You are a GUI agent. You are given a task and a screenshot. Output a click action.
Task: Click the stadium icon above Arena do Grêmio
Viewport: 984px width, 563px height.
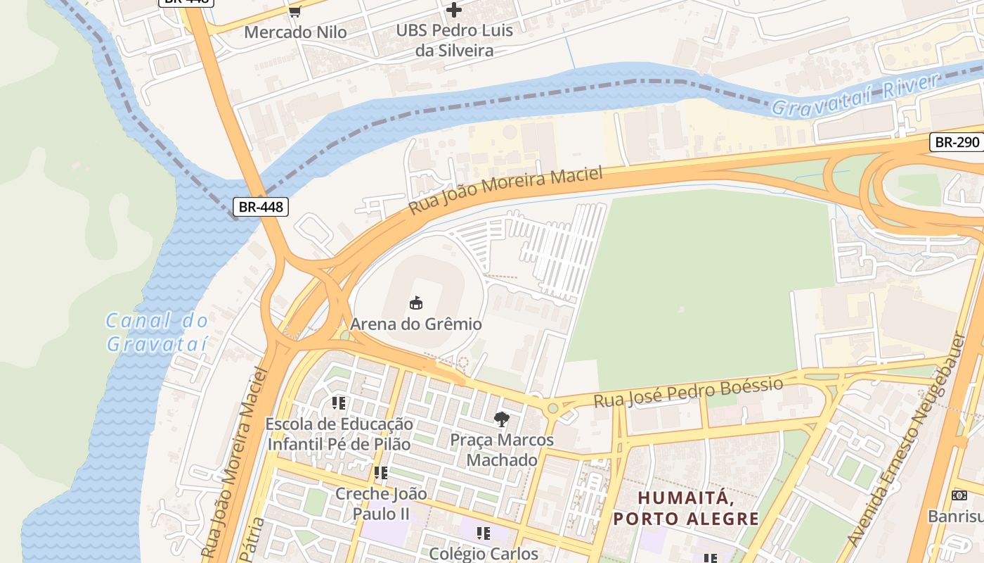[416, 303]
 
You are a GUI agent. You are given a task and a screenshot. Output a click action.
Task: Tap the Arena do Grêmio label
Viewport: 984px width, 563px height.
[416, 324]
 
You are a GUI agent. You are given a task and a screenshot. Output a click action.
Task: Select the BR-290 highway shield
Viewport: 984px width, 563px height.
[957, 141]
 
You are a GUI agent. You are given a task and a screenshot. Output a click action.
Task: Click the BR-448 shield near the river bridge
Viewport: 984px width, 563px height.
[260, 207]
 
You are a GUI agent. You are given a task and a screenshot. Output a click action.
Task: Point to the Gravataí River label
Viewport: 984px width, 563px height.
[855, 95]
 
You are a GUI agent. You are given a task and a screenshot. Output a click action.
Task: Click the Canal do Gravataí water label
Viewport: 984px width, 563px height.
[157, 332]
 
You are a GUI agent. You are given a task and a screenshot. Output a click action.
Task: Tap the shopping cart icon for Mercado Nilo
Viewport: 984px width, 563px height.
[295, 11]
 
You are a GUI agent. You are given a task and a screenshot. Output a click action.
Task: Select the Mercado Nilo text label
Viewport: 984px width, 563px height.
[295, 32]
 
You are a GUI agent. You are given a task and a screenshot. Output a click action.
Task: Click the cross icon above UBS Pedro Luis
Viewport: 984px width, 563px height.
[454, 10]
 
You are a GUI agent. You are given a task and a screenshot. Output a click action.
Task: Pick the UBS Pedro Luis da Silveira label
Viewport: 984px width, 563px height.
[454, 40]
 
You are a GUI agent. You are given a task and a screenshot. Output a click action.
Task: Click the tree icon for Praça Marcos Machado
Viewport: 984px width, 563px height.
[501, 419]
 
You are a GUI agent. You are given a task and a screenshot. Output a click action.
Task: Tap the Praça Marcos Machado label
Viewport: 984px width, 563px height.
[502, 450]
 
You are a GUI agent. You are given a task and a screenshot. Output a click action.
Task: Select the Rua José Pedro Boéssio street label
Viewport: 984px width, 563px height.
[688, 393]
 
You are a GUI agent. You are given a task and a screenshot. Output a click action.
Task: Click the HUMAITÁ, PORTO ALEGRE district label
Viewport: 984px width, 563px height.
[686, 508]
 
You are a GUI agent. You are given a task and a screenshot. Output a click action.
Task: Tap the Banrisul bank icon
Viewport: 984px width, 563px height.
[959, 495]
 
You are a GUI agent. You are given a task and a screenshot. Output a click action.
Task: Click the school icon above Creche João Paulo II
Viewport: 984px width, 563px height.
[381, 473]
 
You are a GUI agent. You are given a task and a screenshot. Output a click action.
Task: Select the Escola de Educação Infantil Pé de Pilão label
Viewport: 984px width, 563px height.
[339, 434]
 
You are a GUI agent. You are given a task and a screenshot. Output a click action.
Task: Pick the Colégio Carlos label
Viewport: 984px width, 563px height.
[484, 553]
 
